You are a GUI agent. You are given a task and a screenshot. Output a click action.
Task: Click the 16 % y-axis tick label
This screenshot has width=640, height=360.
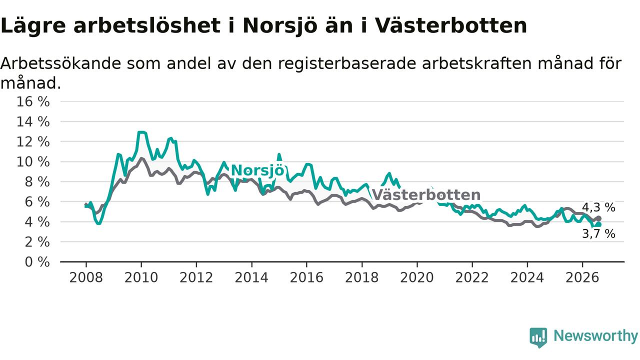point(33,101)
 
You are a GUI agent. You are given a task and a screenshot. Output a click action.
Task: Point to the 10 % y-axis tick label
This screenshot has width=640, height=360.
point(33,162)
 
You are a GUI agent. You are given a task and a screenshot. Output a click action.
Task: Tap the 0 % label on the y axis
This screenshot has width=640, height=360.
point(37,262)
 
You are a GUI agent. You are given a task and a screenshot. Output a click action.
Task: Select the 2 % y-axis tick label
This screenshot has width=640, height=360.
point(37,242)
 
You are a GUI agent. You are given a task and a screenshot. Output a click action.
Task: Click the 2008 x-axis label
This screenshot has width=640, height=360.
point(86,277)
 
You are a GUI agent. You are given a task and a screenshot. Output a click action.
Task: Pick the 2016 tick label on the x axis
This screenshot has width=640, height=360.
point(306,277)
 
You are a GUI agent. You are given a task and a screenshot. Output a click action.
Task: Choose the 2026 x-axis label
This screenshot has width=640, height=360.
point(582,277)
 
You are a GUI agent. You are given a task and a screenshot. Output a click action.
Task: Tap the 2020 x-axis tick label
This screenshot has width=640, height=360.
point(417,277)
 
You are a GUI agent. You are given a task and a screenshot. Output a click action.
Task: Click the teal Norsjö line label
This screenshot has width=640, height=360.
point(257,170)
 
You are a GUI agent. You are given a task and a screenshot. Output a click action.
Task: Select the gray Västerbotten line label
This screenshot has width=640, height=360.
point(426,195)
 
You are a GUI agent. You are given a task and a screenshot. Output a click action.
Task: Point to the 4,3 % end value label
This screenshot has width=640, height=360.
point(598,207)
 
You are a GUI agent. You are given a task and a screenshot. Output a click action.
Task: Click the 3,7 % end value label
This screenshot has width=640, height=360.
point(598,234)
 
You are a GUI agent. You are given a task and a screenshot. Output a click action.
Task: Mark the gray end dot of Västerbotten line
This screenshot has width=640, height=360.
point(599,218)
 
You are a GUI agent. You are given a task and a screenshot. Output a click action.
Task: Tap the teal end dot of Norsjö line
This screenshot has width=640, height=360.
point(599,225)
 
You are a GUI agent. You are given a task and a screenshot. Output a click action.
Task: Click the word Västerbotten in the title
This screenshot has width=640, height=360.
point(450,25)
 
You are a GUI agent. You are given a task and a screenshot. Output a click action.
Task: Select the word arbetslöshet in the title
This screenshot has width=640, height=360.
point(147,25)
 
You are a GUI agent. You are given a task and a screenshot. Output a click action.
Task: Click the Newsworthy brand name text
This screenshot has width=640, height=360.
point(595,336)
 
